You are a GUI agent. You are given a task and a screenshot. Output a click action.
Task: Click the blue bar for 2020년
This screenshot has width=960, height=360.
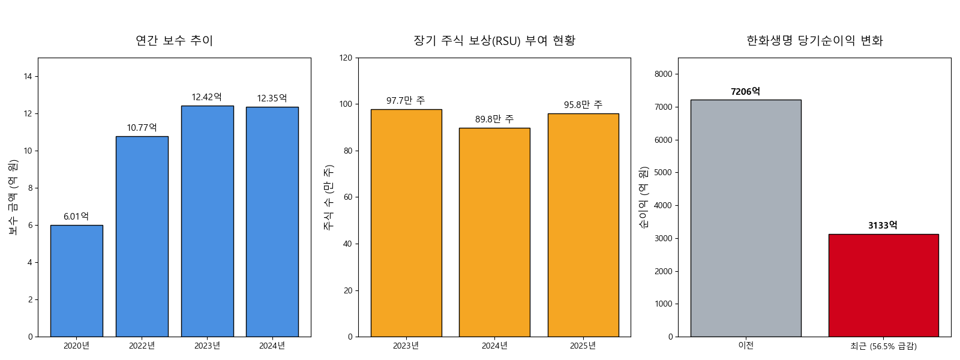click(x=76, y=281)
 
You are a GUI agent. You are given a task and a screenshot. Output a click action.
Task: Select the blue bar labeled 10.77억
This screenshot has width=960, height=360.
click(x=142, y=236)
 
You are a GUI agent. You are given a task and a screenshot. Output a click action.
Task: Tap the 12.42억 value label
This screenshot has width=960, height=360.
click(x=206, y=97)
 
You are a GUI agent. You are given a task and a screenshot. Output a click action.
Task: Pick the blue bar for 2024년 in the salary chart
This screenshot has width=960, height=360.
click(x=272, y=221)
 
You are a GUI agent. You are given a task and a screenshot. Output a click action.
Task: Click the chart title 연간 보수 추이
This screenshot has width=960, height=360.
click(x=174, y=41)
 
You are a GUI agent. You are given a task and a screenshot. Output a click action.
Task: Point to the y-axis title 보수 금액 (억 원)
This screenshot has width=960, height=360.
click(x=13, y=197)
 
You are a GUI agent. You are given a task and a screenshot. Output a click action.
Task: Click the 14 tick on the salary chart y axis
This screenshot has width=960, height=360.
click(x=28, y=76)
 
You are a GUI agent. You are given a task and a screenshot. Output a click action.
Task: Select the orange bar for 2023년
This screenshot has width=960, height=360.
click(x=406, y=223)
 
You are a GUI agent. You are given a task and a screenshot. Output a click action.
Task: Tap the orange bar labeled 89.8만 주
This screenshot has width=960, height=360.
click(x=494, y=232)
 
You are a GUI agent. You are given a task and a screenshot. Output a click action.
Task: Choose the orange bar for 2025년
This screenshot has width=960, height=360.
click(x=583, y=225)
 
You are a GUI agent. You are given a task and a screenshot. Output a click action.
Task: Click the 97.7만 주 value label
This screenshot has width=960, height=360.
click(x=406, y=101)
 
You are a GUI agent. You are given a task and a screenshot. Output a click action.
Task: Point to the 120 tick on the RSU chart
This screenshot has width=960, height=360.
click(x=346, y=58)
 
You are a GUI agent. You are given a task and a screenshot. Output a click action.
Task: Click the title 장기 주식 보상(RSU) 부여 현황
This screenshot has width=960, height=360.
click(x=494, y=41)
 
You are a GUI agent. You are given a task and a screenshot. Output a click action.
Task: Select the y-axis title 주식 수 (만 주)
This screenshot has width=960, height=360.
click(x=329, y=197)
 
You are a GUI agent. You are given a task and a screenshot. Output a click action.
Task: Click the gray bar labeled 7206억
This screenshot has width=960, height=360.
click(x=745, y=218)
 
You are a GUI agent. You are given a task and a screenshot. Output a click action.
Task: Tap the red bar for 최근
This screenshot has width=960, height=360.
click(x=883, y=285)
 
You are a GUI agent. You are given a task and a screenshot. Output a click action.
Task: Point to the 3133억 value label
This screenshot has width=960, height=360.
click(x=883, y=226)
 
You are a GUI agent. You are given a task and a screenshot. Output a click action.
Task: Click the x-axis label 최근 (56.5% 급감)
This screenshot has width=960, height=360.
click(x=883, y=346)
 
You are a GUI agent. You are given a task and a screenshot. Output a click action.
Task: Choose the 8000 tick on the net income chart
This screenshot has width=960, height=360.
click(x=663, y=74)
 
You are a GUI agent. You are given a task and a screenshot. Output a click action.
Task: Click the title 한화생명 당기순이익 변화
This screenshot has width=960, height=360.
click(x=814, y=41)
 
